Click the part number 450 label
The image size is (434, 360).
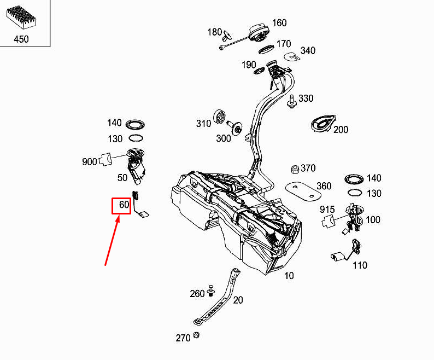coord(21,39)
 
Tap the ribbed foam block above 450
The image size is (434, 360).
coord(21,17)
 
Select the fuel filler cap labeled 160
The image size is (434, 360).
coord(259,33)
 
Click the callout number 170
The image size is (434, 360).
coord(284,44)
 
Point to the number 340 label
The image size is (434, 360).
coord(308,51)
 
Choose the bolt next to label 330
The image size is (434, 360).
coord(291,101)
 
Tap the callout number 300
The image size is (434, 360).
coord(224,138)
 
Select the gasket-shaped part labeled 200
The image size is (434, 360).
coord(323,124)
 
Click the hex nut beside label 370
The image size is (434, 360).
coord(295,169)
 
